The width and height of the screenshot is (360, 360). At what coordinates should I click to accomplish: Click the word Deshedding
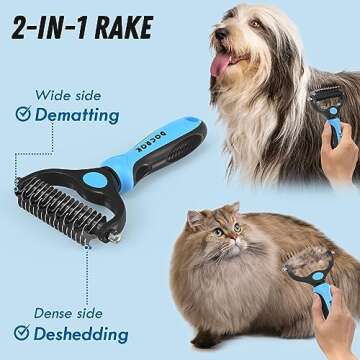tap(79, 334)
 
